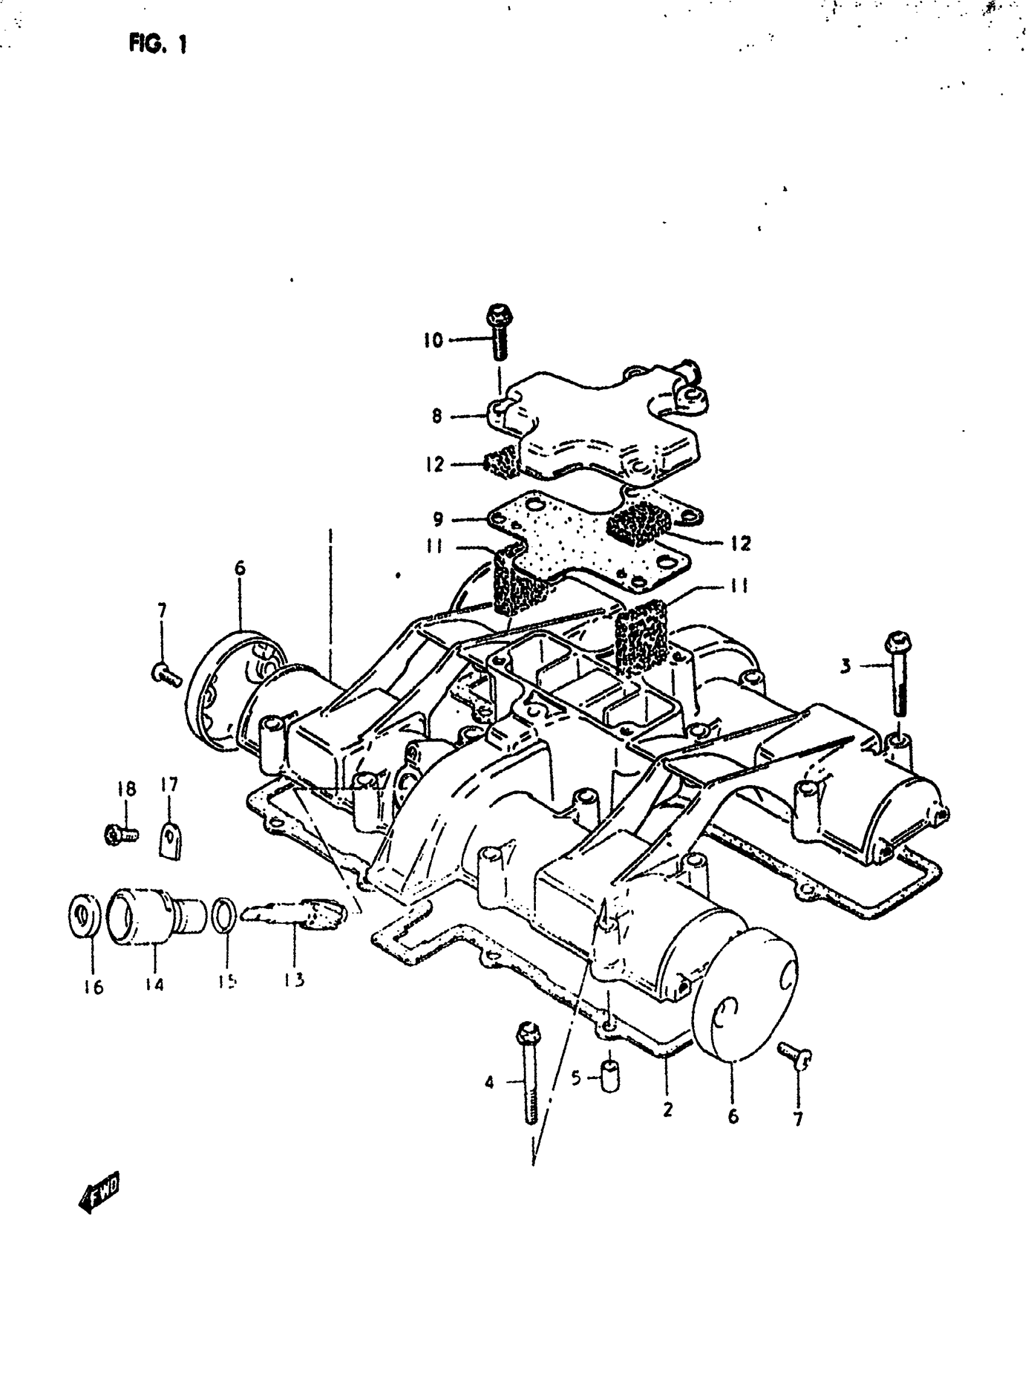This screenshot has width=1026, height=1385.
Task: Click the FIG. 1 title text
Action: tap(158, 43)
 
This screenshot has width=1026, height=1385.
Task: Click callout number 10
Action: tap(433, 340)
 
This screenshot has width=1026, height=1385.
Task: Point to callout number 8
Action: tap(437, 416)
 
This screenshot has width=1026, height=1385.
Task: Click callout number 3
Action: tap(846, 666)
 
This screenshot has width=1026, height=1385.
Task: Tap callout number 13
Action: tap(295, 980)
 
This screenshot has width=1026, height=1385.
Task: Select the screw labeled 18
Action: tap(121, 833)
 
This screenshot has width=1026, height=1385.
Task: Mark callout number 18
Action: tap(126, 789)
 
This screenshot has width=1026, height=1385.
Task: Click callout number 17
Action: tap(169, 785)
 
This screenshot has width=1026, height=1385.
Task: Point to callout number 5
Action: tap(576, 1078)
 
